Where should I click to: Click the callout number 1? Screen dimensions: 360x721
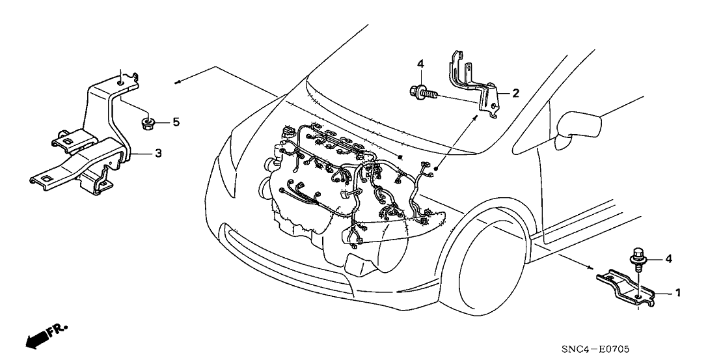(x=677, y=293)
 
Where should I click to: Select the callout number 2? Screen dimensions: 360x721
(x=515, y=93)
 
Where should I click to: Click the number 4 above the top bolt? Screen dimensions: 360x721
(x=420, y=64)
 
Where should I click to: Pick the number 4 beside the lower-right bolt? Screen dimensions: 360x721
(x=669, y=259)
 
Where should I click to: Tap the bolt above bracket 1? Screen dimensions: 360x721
(x=637, y=258)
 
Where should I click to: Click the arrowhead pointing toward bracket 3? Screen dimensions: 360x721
(x=178, y=82)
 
